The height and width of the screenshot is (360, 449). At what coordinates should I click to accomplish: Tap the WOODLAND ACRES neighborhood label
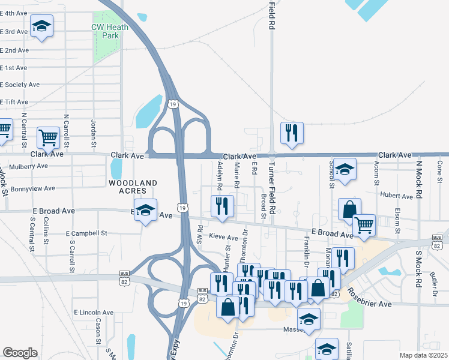coord(133,186)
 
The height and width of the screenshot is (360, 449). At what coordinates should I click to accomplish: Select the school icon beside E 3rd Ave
coord(41,26)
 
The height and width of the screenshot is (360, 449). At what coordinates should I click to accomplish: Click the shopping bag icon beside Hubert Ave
coord(349,209)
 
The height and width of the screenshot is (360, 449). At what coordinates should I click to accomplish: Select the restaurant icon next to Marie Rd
coord(223,206)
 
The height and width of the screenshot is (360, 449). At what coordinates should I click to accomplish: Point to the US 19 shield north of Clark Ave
coord(173,104)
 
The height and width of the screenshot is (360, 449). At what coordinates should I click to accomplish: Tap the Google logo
coord(20,352)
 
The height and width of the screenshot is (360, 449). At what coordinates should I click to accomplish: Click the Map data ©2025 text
coord(423,355)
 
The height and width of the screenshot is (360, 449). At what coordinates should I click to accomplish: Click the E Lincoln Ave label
coord(94,313)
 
